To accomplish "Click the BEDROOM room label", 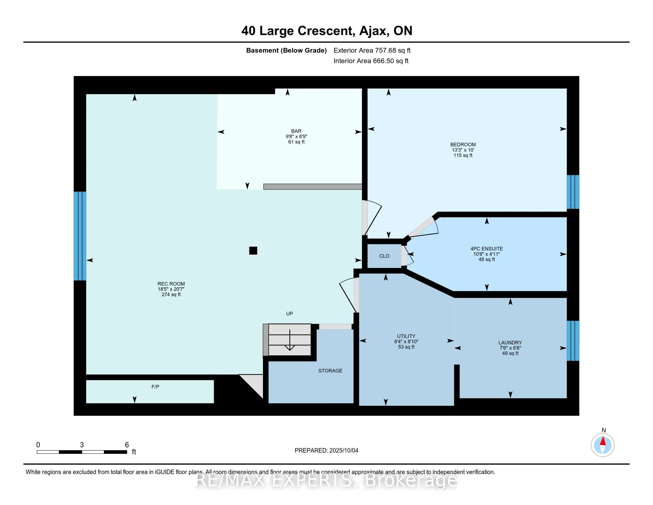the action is tap(463, 144).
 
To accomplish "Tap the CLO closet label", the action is tap(384, 256).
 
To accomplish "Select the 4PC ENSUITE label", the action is tap(486, 249).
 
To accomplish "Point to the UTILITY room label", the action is tap(406, 336).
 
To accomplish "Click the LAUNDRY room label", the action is tap(510, 343).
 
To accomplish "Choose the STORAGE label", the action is tap(330, 371).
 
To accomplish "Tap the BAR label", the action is tap(296, 131).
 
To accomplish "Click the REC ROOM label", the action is tap(171, 284).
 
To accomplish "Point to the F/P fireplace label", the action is tap(155, 387).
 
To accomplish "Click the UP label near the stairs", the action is tap(289, 313).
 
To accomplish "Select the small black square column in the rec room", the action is tap(253, 250).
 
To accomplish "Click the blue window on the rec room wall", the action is tap(80, 236).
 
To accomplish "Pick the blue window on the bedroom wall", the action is tap(573, 192).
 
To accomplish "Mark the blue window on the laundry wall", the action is tap(573, 341).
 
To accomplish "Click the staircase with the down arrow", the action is tap(287, 340).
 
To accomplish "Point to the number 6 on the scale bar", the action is tap(127, 445).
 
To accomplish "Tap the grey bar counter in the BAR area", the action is tap(313, 187).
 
